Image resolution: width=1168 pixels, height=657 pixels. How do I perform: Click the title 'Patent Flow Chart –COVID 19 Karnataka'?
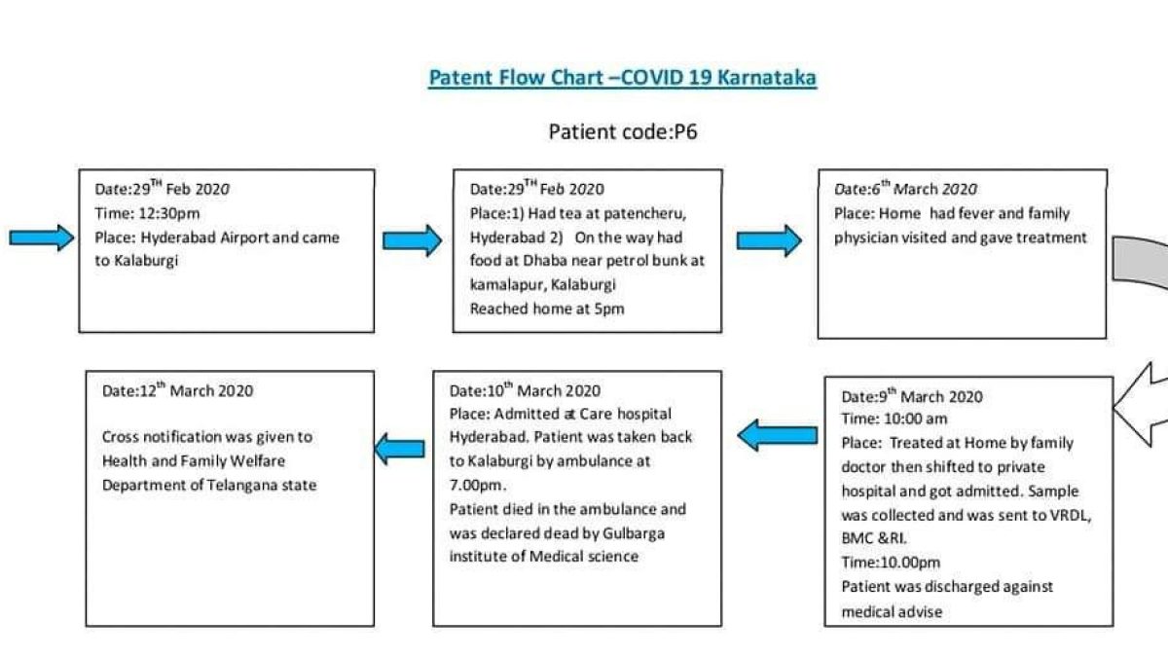tap(623, 78)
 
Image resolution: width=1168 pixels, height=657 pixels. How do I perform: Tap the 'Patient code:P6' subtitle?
tap(623, 132)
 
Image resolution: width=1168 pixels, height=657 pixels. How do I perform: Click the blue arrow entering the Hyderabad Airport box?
tap(42, 237)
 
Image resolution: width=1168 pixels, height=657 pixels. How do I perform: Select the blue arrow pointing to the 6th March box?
tap(769, 240)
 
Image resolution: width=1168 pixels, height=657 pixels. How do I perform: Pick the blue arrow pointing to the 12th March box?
tap(399, 449)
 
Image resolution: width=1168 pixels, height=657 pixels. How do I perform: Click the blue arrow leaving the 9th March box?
tap(778, 435)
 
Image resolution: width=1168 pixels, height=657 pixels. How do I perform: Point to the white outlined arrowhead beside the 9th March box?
tap(1142, 405)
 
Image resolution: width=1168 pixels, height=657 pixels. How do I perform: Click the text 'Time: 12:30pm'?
tap(148, 214)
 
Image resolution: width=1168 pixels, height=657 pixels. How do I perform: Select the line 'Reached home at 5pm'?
tap(547, 310)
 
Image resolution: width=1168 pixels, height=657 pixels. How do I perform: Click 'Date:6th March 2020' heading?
tap(906, 188)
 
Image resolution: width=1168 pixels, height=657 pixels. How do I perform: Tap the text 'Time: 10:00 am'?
tap(894, 419)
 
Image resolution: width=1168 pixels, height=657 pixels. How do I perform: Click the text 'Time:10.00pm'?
tap(891, 563)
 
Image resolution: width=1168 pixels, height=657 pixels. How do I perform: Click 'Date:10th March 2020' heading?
tap(525, 390)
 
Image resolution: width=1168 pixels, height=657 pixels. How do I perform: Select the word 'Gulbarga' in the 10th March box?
tap(634, 534)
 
